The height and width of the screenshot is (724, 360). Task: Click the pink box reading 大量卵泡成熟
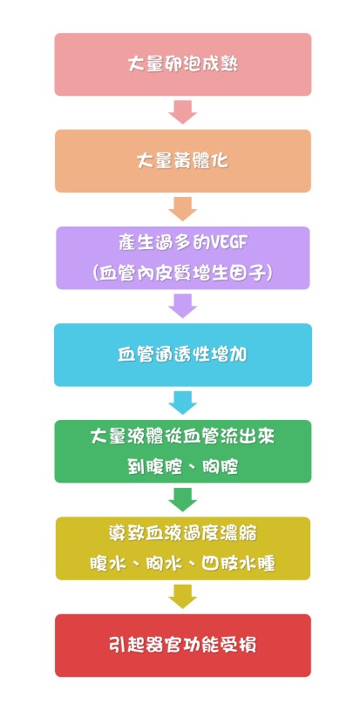point(183,64)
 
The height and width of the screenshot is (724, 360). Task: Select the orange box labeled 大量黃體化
point(183,160)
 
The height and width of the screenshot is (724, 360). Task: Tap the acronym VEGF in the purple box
point(228,243)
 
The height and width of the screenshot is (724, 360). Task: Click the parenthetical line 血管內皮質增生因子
point(183,274)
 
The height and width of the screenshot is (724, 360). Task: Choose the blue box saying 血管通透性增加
point(183,355)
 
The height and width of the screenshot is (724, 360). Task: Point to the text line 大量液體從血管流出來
point(183,436)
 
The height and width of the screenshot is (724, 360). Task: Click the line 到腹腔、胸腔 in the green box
point(183,467)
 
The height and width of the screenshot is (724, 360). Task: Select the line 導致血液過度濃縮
point(183,533)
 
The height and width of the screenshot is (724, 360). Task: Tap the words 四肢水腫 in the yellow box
point(239,564)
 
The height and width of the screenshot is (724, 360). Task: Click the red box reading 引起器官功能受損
point(183,645)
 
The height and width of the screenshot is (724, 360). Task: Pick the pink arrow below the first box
point(183,112)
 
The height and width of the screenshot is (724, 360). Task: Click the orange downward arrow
point(183,209)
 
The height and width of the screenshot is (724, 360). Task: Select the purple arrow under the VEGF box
point(183,306)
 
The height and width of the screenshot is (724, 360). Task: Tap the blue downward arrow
point(183,403)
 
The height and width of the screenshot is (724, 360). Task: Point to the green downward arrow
point(183,499)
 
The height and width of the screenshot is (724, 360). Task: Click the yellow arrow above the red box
point(183,597)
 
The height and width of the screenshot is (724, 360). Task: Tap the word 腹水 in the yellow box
point(109,564)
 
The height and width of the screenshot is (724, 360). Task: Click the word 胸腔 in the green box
point(221,467)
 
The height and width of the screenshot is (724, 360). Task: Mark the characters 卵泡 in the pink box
point(183,64)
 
